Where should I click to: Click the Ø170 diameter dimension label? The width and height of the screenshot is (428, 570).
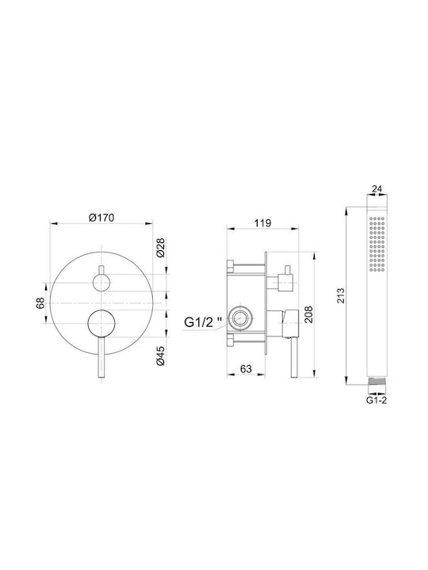[101, 218]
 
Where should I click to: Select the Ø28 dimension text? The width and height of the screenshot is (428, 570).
[161, 248]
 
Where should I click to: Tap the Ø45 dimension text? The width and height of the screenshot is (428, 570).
[161, 355]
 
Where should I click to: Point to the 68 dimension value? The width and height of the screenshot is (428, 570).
[40, 302]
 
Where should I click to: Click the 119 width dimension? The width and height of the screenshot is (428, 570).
[263, 222]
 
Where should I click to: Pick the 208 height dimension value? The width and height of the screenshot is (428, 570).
[308, 314]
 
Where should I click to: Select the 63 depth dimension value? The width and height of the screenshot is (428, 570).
[246, 369]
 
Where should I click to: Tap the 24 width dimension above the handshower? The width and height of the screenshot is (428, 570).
[377, 188]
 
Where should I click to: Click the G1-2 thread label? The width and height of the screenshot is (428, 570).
[376, 401]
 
